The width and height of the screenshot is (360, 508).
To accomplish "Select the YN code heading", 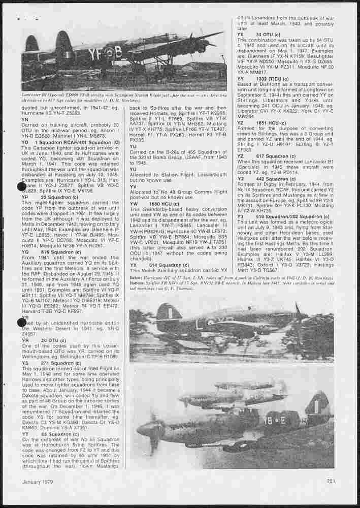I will click(25, 119).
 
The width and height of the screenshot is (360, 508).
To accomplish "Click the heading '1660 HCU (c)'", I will click(163, 203).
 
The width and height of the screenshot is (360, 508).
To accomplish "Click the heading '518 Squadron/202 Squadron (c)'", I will click(289, 216).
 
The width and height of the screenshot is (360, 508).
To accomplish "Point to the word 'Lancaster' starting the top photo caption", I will click(32, 94).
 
